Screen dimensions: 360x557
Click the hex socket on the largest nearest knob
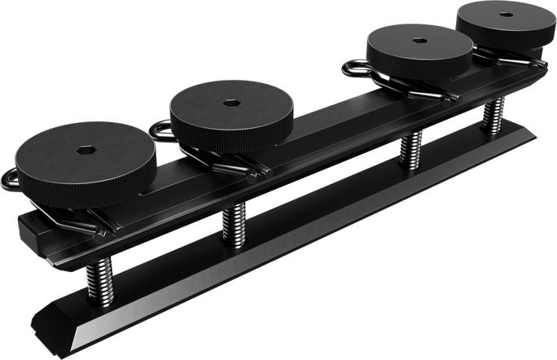pos(86,151)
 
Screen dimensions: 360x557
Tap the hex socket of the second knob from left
pos(230,104)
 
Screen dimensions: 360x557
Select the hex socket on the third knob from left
pos(419,40)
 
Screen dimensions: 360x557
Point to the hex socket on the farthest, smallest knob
pos(506,15)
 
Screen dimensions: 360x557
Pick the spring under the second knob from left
pos(234,222)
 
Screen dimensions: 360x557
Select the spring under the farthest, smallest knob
pos(493,115)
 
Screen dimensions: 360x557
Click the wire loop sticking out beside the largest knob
pos(10,178)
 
